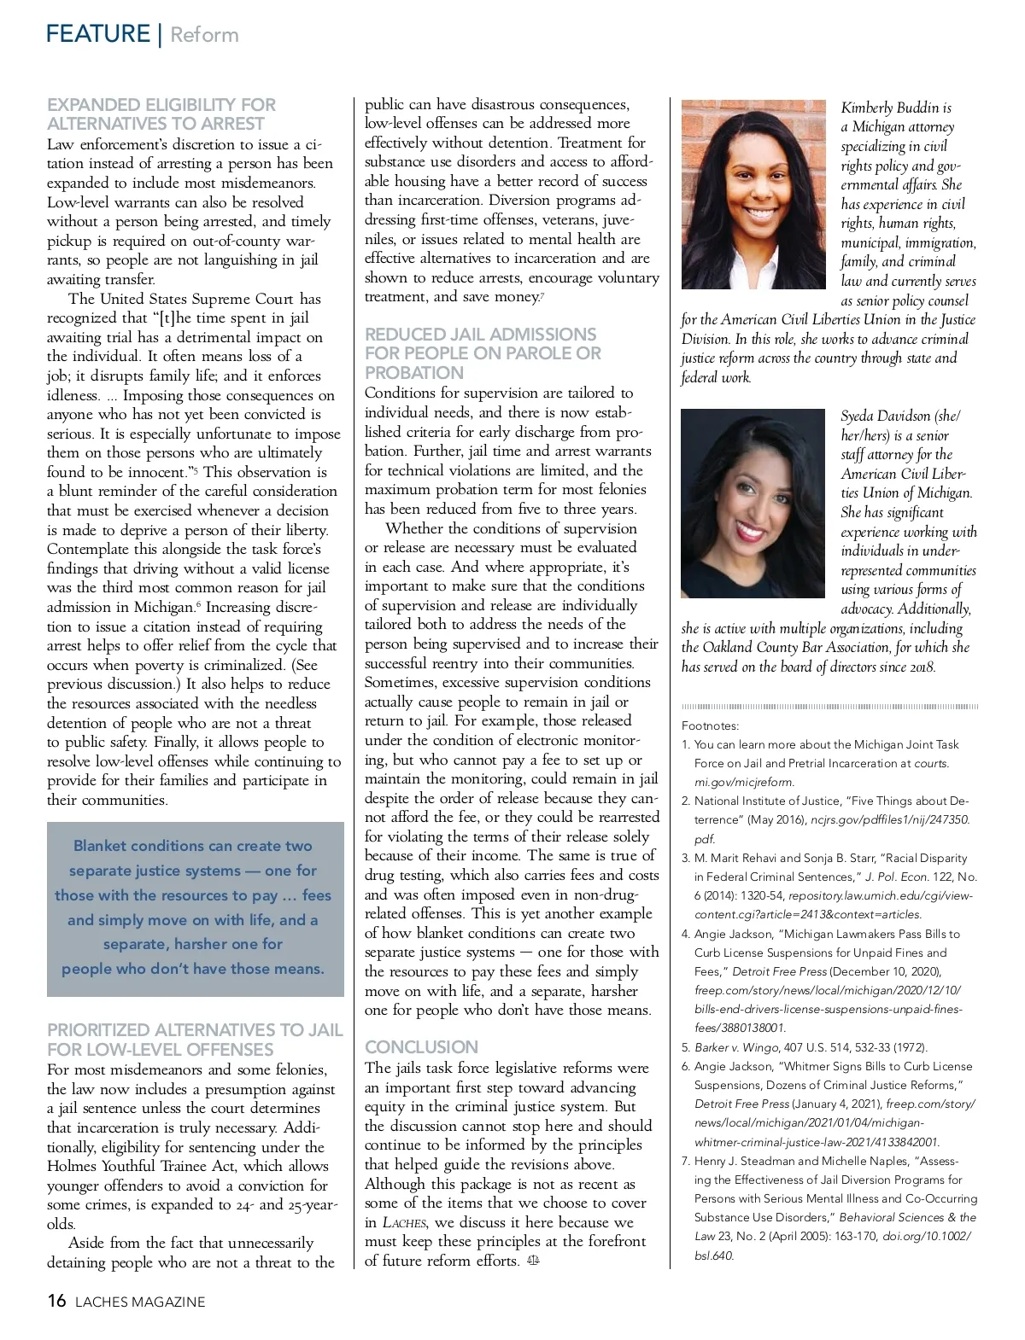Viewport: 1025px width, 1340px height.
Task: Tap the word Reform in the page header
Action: (x=205, y=35)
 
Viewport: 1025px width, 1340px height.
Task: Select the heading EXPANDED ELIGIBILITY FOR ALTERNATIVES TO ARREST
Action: (x=161, y=114)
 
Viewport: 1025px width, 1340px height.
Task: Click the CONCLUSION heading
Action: (x=421, y=1046)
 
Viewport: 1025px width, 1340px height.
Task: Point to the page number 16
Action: (x=56, y=1301)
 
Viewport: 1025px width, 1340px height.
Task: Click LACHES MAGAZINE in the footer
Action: (x=140, y=1302)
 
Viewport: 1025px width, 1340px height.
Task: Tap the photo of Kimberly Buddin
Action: (x=753, y=195)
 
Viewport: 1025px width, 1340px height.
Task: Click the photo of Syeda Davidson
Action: (x=753, y=504)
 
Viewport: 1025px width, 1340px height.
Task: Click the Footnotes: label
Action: (x=711, y=725)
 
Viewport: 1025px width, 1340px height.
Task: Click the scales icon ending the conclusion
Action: (x=534, y=1261)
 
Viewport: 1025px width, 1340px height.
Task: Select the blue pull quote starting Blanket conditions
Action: (x=195, y=907)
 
